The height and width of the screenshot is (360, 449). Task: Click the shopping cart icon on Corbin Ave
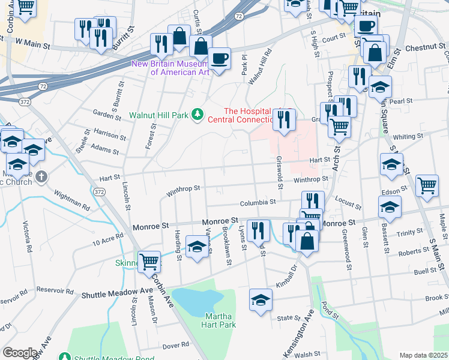pos(149,262)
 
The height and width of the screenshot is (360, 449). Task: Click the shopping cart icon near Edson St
pos(427,186)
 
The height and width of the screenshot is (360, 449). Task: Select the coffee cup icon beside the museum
pos(220,59)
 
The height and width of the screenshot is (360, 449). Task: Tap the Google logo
pos(19,353)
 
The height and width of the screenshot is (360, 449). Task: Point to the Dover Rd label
pos(176,345)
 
